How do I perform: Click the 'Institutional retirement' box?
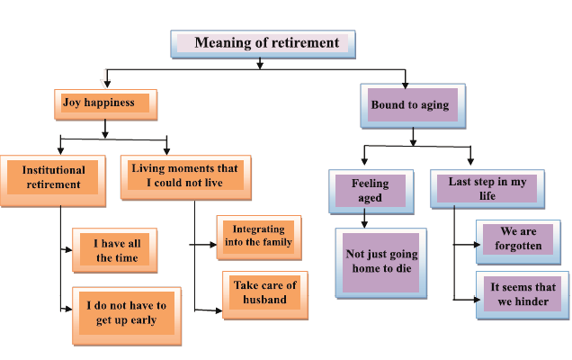click(x=54, y=177)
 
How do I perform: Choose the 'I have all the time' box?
click(x=116, y=249)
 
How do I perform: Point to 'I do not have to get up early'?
click(x=121, y=312)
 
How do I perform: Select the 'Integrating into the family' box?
click(x=256, y=237)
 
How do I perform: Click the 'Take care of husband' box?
click(x=265, y=292)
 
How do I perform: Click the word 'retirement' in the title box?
click(x=304, y=43)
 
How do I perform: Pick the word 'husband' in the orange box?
click(x=265, y=300)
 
